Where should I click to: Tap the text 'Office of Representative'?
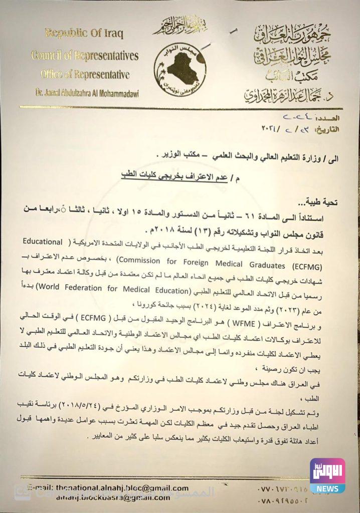click(x=85, y=75)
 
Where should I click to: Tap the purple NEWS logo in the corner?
click(x=327, y=475)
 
